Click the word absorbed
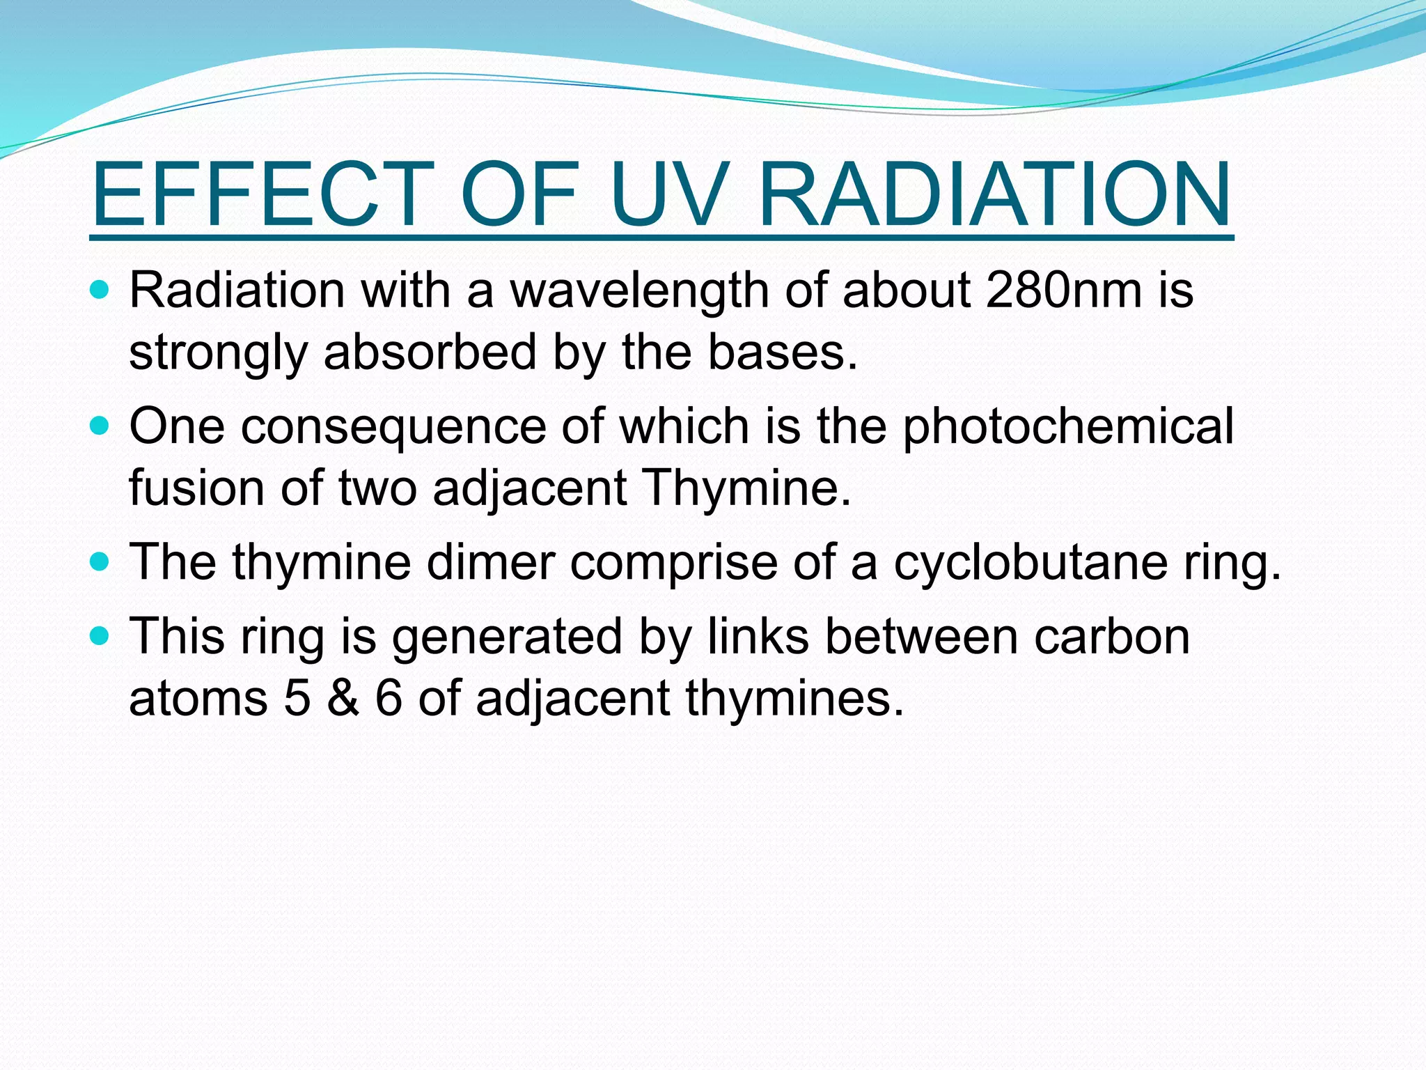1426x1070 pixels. [x=430, y=352]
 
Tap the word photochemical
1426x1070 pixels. [x=1068, y=426]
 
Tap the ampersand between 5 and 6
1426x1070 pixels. [x=343, y=698]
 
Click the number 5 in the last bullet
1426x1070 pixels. [x=297, y=698]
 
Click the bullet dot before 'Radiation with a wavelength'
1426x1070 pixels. [x=100, y=290]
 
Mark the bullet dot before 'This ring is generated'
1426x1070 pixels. [x=100, y=636]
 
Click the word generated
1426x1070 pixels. [x=507, y=638]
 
